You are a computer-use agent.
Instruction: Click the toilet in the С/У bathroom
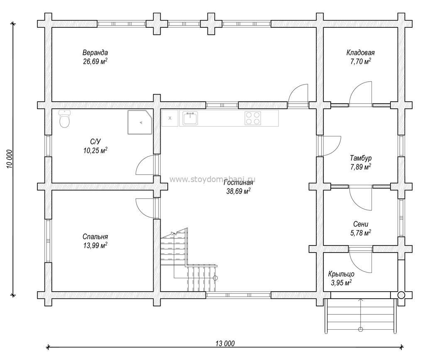tap(64, 119)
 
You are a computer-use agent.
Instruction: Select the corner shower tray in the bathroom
tap(140, 122)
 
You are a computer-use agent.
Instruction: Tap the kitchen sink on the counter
tap(190, 118)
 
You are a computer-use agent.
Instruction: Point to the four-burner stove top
tap(253, 118)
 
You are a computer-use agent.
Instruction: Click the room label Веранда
tap(95, 52)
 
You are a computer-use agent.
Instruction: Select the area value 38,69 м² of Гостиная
tap(238, 191)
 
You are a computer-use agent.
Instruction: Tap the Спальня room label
tap(95, 237)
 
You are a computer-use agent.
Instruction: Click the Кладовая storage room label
tap(361, 52)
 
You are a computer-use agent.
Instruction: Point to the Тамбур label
tap(361, 158)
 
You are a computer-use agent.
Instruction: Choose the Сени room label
tap(361, 224)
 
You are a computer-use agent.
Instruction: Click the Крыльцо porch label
tap(341, 274)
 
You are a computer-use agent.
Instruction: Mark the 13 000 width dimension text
tap(225, 344)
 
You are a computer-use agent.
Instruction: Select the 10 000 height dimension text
tap(10, 159)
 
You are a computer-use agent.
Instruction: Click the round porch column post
tap(401, 295)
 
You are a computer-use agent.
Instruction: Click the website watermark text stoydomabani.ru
tap(212, 180)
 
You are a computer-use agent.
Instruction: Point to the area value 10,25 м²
tap(95, 150)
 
